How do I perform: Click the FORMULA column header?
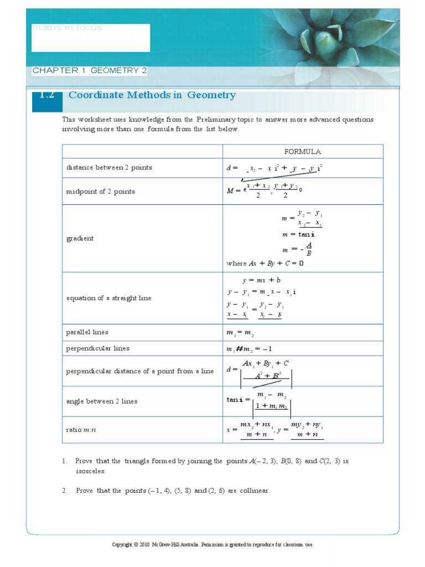303,152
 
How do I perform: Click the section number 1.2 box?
47,96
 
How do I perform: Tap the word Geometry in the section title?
211,95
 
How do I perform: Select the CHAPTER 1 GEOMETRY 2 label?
90,71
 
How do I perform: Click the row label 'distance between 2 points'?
109,167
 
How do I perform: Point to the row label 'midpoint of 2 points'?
101,192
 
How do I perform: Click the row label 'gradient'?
80,238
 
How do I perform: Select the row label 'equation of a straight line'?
109,298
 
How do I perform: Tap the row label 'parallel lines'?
87,332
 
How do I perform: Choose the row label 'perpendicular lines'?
98,348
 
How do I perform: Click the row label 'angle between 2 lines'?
102,401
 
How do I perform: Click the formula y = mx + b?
261,280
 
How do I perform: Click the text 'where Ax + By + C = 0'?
265,264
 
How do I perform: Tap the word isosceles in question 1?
90,471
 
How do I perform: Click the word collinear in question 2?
255,491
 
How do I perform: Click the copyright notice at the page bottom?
212,544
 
